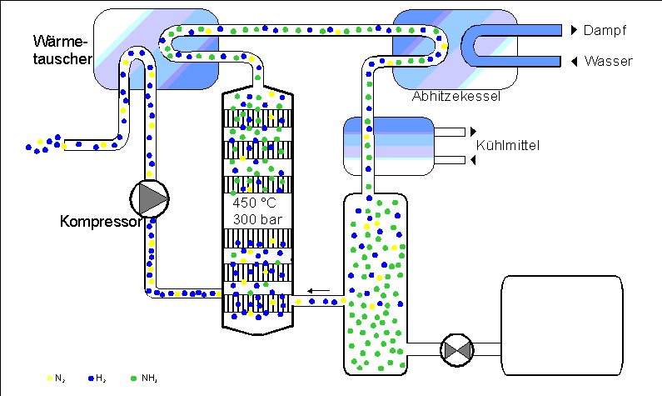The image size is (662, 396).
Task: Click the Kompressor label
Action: [101, 222]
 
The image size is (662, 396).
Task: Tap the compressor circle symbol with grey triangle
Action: [149, 198]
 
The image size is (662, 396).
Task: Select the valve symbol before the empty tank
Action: [457, 350]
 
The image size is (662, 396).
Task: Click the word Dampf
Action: [605, 30]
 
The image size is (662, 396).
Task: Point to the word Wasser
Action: [609, 62]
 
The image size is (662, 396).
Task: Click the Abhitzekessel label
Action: [456, 97]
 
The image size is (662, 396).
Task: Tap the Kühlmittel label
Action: [507, 145]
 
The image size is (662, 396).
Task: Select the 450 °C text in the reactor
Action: [254, 203]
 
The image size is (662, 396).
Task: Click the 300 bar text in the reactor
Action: [257, 220]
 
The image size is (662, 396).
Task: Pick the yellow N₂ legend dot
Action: [49, 378]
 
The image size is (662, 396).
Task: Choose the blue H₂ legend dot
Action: [91, 378]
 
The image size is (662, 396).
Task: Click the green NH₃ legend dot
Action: [134, 378]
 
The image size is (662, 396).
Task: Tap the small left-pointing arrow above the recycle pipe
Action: [318, 291]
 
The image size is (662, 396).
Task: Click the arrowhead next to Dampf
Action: [575, 30]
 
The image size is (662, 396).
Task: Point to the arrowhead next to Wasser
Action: [575, 62]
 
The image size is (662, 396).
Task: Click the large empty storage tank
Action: [562, 325]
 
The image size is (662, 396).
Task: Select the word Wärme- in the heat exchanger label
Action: [60, 42]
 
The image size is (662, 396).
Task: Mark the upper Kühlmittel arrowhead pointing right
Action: [473, 132]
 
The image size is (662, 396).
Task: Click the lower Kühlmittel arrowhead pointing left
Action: [473, 160]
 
